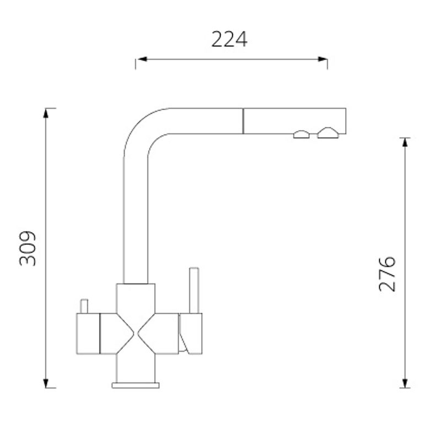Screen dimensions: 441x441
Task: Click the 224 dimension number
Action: (229, 39)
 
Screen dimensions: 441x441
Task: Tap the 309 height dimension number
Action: (28, 249)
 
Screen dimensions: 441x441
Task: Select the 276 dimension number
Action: (387, 273)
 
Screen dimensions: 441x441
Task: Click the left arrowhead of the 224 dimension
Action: (142, 59)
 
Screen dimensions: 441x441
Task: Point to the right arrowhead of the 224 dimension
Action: (322, 59)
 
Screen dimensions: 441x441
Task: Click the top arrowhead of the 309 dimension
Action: (46, 113)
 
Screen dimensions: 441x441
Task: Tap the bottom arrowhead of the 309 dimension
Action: (46, 383)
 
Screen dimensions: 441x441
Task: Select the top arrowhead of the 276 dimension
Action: (405, 143)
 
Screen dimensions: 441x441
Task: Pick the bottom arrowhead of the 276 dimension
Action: (405, 383)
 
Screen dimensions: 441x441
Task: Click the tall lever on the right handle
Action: (194, 291)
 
